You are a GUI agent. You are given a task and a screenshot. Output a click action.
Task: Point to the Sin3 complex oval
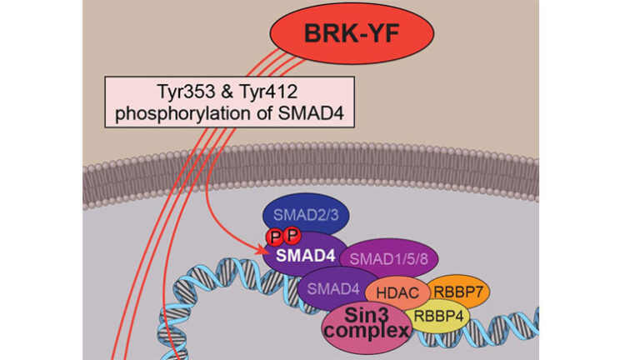pyautogui.click(x=367, y=323)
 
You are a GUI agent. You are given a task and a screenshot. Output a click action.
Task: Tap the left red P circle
pyautogui.click(x=272, y=240)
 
